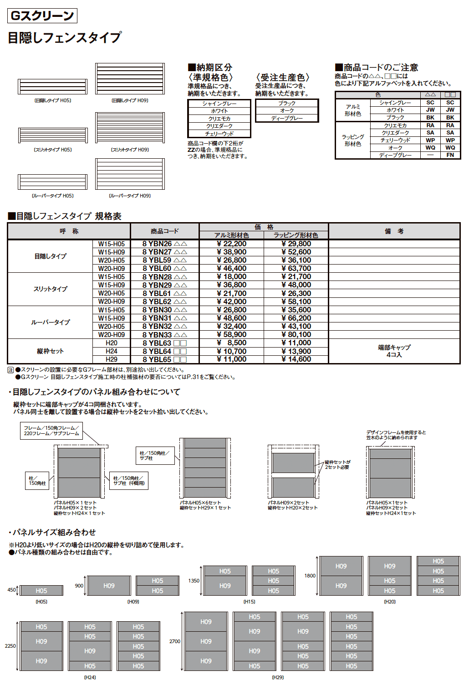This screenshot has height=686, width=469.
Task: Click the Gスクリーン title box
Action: (x=42, y=16)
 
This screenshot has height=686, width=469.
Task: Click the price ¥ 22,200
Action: (x=231, y=244)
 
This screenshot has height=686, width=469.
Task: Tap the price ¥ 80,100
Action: (x=296, y=335)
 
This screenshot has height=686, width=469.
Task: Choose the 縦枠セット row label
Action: (x=50, y=351)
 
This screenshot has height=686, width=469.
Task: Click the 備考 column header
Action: (x=394, y=231)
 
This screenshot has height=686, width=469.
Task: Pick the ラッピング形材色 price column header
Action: (x=296, y=235)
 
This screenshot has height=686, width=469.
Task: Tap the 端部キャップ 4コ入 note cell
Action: (x=394, y=351)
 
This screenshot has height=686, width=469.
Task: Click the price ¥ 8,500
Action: (x=231, y=343)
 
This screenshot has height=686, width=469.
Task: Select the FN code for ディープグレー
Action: (x=450, y=155)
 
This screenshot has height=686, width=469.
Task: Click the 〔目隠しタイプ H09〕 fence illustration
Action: (x=130, y=79)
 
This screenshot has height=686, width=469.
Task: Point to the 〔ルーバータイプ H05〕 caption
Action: (x=52, y=196)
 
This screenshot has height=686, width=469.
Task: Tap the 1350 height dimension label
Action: (x=194, y=581)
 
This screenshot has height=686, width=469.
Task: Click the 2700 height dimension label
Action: (x=175, y=641)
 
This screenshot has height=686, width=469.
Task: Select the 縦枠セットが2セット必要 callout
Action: (x=337, y=465)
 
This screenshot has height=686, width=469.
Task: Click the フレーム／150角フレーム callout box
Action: (x=51, y=431)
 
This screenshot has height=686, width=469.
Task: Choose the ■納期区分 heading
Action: (x=210, y=68)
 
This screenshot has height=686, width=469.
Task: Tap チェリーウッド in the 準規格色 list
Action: (x=219, y=134)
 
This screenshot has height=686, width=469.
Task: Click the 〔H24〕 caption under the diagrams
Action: (x=90, y=677)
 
